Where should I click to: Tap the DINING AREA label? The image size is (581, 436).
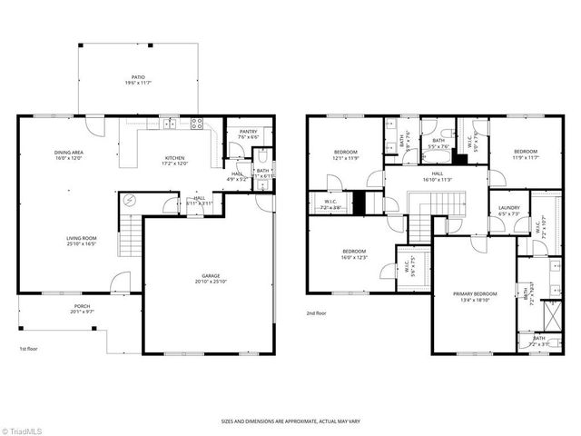click(x=68, y=152)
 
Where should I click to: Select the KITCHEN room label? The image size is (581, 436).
click(x=174, y=157)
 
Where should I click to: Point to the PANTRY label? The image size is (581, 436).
click(x=248, y=132)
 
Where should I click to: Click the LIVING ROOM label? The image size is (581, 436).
click(x=81, y=238)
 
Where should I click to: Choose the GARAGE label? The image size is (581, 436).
click(x=209, y=275)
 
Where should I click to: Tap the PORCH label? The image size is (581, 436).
click(x=82, y=307)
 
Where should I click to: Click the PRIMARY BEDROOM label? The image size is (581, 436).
click(x=476, y=294)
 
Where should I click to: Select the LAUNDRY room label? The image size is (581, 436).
click(x=508, y=208)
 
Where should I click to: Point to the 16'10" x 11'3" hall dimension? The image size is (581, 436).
click(x=437, y=180)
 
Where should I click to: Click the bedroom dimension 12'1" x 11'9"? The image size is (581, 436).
click(x=346, y=158)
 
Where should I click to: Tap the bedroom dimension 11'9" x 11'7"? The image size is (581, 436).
click(x=527, y=158)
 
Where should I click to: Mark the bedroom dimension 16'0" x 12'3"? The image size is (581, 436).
click(x=354, y=257)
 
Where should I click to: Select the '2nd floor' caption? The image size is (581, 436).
click(x=318, y=312)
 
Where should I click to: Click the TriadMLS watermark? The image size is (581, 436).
click(x=25, y=430)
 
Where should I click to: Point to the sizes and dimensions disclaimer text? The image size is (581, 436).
click(x=290, y=421)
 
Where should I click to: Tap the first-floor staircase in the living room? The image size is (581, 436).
click(x=133, y=238)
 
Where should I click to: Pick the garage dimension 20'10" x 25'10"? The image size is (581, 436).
click(x=209, y=282)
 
